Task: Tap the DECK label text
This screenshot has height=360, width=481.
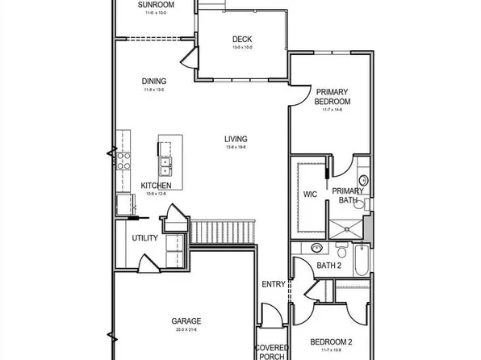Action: [x=242, y=39]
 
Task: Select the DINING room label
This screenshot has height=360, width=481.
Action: [x=153, y=81]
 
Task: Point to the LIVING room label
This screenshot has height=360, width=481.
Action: [x=236, y=139]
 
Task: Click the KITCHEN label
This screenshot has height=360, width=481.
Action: [x=156, y=185]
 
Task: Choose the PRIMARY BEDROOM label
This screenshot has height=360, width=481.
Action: [x=333, y=97]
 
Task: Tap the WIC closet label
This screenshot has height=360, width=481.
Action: [x=310, y=194]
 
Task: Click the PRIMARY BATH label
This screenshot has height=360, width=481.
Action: [x=348, y=195]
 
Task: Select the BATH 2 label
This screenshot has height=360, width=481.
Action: [x=329, y=266]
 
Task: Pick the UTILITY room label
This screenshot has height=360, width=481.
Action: [x=145, y=238]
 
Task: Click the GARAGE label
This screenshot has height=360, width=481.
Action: [x=186, y=320]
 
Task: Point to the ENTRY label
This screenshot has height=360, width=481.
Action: [x=273, y=284]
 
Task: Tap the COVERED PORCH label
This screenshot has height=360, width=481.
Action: [x=271, y=352]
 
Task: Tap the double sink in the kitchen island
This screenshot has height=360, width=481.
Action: [x=166, y=165]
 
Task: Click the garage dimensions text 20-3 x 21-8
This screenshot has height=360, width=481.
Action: [x=186, y=330]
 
